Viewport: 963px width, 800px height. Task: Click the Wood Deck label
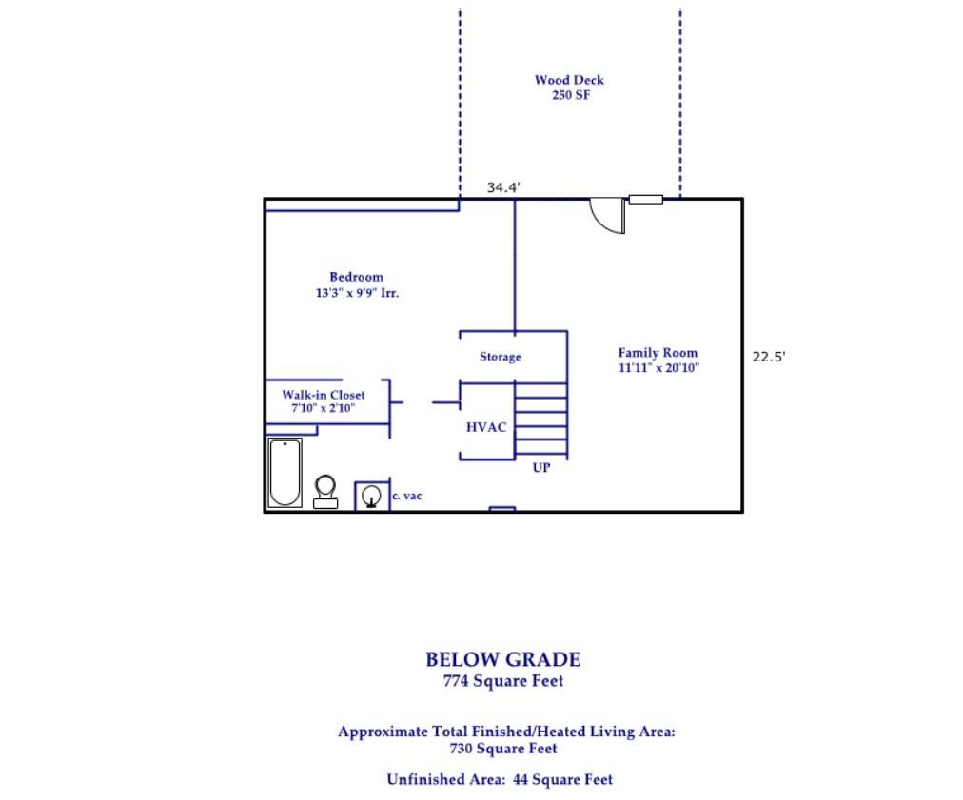coord(569,80)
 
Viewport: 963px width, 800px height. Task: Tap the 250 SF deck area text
coord(571,95)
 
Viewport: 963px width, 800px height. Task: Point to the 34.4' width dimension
coord(503,187)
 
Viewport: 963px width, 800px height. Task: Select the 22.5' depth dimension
coord(769,357)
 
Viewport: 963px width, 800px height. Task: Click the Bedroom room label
coord(356,277)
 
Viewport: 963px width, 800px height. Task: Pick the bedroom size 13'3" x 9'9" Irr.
coord(357,293)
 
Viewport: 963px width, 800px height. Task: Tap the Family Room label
coord(658,352)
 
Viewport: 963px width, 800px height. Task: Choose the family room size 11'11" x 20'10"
coord(659,368)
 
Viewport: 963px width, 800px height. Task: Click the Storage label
coord(501,357)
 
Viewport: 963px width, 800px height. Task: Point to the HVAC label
coord(486,427)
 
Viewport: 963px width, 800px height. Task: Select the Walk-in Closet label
coord(323,395)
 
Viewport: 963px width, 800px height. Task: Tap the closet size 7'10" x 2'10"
coord(323,408)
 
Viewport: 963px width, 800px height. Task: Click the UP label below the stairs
coord(541,468)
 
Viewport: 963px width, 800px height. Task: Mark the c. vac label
coord(407,497)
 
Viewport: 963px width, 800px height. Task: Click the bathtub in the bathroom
coord(285,472)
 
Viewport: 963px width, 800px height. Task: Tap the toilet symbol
coord(325,492)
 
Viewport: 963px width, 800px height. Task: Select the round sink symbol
coord(371,495)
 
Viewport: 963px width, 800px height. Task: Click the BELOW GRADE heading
coord(503,660)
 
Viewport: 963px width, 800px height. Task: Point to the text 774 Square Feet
coord(503,681)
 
